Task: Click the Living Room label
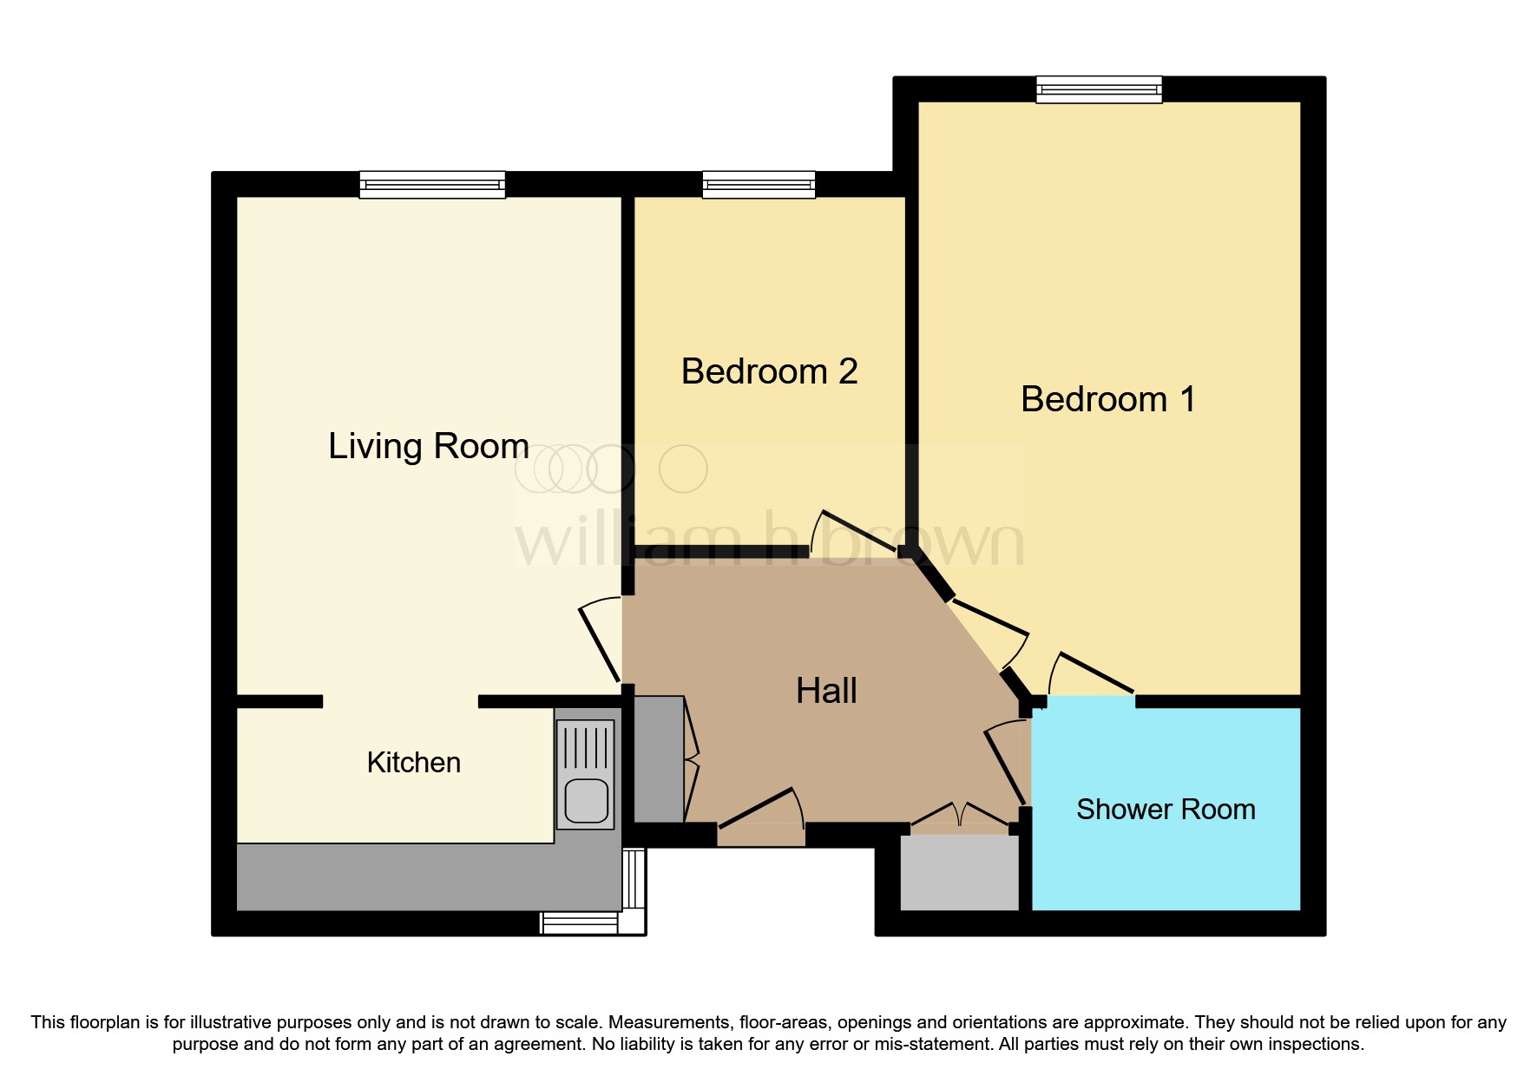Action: coord(428,447)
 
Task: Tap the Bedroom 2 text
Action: coord(769,372)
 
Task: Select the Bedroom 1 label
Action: coord(1107,400)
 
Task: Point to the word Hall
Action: coord(826,692)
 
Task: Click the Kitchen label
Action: coord(413,763)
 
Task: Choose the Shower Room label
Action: coord(1166,810)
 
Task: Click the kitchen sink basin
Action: coord(586,801)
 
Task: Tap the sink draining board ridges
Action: coord(586,747)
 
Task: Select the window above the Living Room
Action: coord(432,184)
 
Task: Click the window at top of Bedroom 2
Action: coord(759,184)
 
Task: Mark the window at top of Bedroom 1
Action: coord(1099,89)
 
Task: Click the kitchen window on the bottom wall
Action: coord(580,922)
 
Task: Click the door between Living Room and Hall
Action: coord(600,642)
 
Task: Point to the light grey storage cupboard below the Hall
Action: coord(959,872)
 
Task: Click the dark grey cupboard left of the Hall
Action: coord(659,759)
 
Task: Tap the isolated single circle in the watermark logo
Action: coord(683,469)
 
